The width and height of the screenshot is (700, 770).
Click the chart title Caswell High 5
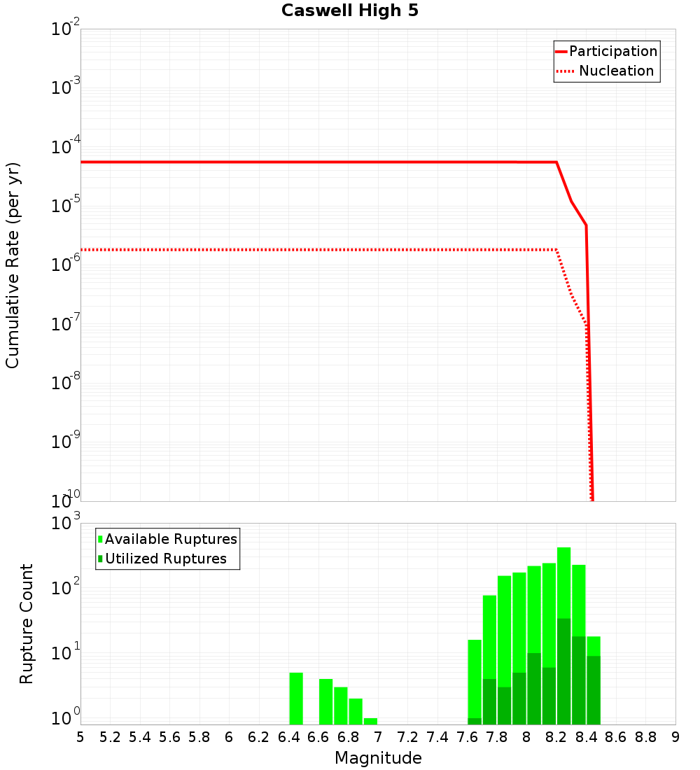(350, 11)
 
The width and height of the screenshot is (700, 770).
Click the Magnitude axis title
(378, 758)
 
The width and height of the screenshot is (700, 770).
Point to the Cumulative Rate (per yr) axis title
(13, 265)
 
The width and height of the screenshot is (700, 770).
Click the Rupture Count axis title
(27, 623)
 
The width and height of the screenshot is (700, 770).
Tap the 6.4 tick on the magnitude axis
(288, 737)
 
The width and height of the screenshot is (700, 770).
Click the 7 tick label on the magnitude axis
(378, 737)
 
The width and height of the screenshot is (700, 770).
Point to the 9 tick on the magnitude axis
(675, 737)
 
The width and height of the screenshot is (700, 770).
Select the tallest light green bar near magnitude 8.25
(564, 581)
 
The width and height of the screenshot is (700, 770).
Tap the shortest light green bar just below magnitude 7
(370, 721)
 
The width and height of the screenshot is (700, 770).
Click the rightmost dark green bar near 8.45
(594, 689)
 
